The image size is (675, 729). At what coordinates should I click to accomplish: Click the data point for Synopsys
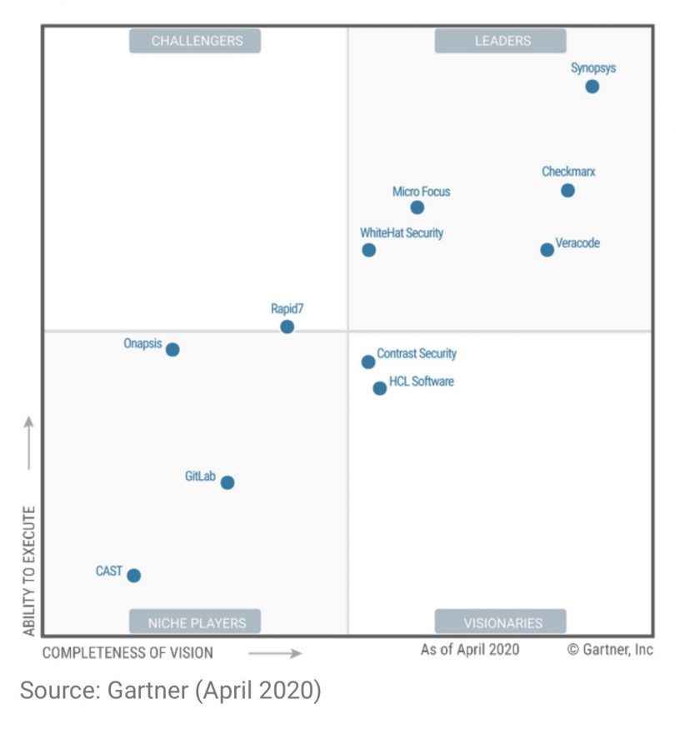592,87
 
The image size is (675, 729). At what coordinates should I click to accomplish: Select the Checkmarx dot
567,191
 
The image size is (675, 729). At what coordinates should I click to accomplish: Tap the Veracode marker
547,250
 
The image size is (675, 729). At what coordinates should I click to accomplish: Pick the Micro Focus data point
417,207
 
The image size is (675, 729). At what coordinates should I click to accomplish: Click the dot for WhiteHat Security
368,250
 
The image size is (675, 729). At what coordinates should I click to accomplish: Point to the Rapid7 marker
287,327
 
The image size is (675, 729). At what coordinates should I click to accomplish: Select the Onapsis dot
172,350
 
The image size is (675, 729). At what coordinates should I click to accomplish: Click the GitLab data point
227,482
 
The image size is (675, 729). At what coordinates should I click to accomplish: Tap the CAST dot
133,576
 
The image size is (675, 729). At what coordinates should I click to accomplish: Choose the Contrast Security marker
368,362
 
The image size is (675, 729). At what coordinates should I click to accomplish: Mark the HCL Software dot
380,388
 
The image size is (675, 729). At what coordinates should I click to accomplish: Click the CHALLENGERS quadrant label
195,41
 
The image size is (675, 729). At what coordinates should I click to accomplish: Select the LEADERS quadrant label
501,41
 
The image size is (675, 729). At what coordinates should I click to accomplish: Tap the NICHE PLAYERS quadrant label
195,622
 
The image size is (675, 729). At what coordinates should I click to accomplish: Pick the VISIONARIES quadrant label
501,622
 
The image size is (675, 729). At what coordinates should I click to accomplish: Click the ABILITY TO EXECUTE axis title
30,570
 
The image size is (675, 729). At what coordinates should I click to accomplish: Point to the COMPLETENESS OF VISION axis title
127,652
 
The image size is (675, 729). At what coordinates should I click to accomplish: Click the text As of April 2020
469,649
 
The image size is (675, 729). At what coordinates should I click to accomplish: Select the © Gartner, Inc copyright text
610,649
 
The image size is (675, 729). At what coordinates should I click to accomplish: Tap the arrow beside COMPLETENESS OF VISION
274,653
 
